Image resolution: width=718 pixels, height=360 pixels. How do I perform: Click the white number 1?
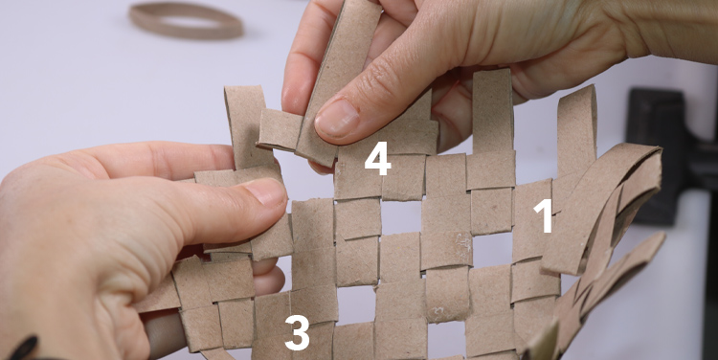pos(545,215)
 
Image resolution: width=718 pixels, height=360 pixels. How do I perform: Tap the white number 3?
pos(297,332)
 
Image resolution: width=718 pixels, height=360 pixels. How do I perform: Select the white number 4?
pos(378,159)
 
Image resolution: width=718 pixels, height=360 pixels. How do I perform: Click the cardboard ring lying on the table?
pos(186,21)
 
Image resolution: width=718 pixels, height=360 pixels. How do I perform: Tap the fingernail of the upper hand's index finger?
pos(337,119)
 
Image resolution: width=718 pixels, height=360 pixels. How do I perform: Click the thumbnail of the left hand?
pos(266,191)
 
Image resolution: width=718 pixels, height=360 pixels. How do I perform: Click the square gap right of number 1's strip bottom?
pos(492,250)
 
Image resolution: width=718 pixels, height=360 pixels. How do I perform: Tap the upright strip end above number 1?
pos(576,128)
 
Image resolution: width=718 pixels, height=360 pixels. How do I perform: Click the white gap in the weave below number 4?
pos(401,217)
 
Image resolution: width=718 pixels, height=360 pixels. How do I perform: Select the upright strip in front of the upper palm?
pos(493,110)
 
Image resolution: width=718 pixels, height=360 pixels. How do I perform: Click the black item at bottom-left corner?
pos(23,349)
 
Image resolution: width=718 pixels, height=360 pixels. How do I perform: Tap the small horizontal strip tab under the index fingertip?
pos(280,129)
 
